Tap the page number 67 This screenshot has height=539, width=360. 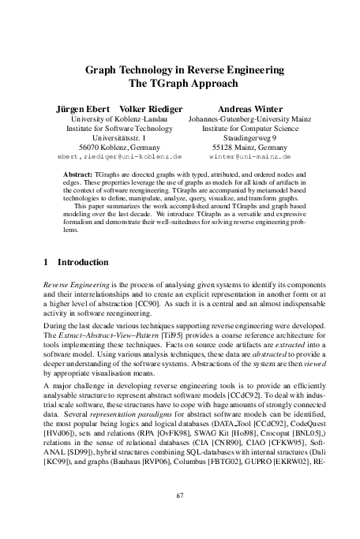[180, 495]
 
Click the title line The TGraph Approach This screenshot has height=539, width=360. [180, 82]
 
